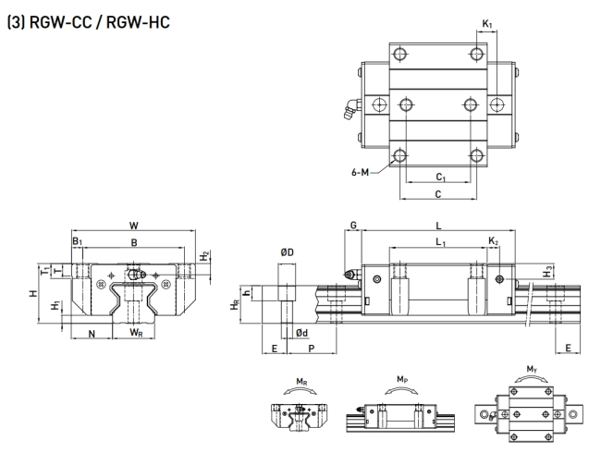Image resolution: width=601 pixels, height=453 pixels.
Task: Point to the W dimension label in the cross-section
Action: pyautogui.click(x=135, y=224)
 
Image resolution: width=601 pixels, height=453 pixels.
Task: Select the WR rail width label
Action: pyautogui.click(x=135, y=332)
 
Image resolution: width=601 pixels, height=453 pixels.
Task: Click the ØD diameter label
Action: pyautogui.click(x=287, y=251)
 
